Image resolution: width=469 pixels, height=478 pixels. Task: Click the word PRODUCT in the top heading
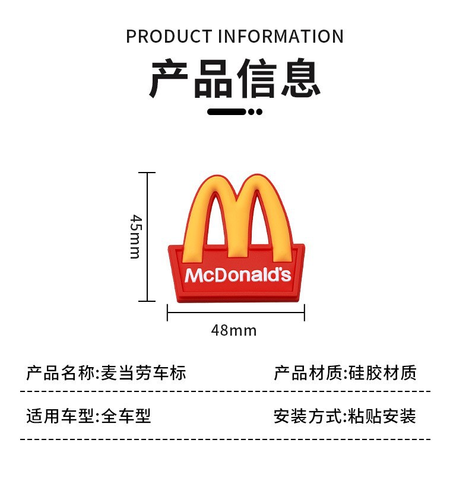(x=169, y=36)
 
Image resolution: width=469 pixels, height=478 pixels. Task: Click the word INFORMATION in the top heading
(x=281, y=36)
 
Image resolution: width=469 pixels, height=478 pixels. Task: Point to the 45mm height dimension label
(x=135, y=236)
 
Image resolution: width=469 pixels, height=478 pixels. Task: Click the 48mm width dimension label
(x=234, y=330)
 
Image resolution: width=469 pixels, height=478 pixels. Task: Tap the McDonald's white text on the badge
(x=237, y=275)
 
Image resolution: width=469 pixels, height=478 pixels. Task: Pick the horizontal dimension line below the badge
(x=236, y=312)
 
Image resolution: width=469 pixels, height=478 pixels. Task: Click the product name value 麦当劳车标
(x=143, y=373)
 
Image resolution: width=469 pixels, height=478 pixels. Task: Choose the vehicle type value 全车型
(x=126, y=416)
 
